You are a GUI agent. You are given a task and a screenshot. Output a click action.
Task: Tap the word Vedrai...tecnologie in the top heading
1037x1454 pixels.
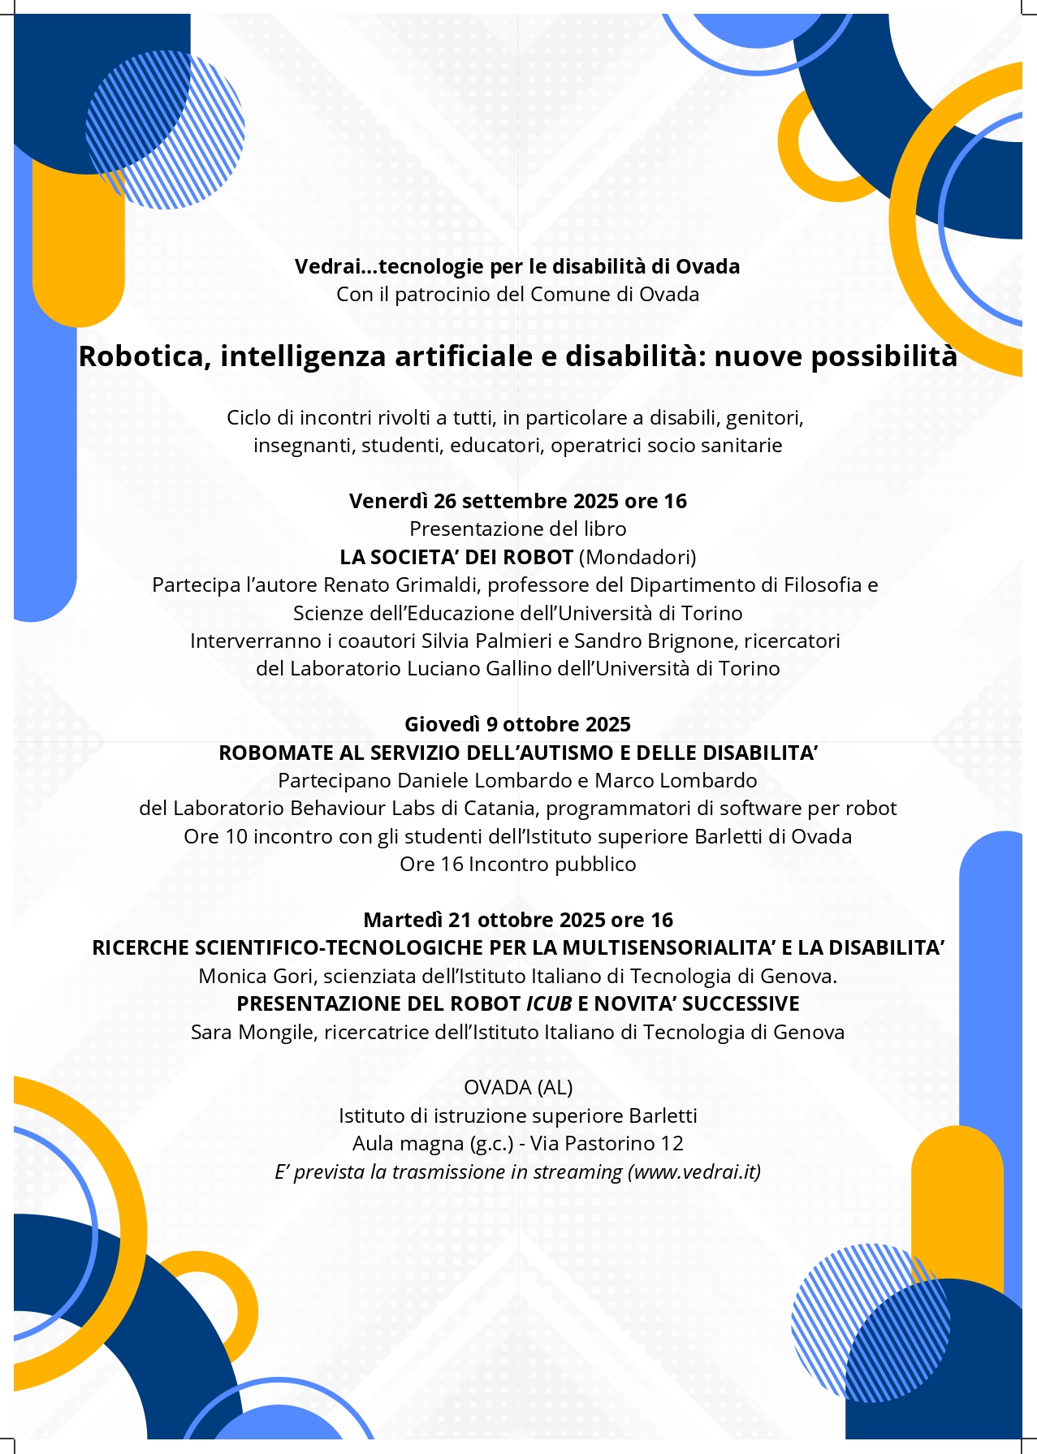(378, 267)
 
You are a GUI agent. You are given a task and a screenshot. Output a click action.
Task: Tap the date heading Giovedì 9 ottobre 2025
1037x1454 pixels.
(517, 724)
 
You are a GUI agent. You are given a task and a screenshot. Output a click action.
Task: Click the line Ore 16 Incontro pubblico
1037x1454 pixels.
(517, 864)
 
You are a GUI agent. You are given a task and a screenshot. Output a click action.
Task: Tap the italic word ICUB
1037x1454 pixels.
(549, 1004)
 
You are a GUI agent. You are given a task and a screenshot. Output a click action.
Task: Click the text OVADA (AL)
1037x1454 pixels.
(518, 1087)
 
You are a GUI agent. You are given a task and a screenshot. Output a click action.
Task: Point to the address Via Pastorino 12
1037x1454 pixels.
(607, 1143)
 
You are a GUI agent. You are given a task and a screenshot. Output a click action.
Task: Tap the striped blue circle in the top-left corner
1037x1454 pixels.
(166, 130)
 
